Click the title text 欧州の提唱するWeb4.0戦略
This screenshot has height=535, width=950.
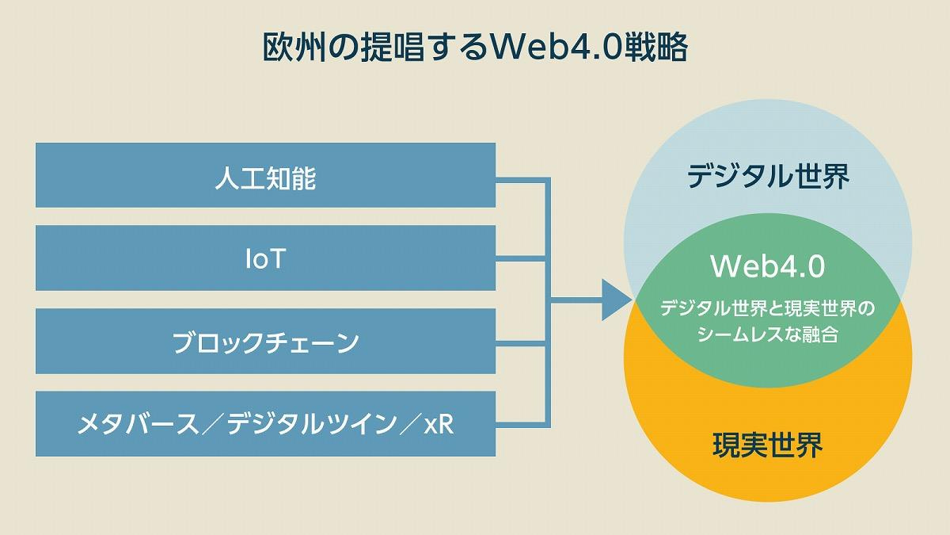[x=475, y=48]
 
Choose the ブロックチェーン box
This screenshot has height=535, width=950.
[x=265, y=342]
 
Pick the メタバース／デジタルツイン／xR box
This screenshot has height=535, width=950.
[x=265, y=424]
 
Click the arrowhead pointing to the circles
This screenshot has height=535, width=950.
[x=615, y=300]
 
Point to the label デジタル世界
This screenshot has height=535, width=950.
[x=767, y=175]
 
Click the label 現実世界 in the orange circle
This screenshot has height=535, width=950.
[x=767, y=445]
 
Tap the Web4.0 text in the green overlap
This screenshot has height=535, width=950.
[x=767, y=266]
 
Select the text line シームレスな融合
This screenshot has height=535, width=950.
[x=767, y=334]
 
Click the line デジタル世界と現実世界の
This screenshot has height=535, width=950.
[x=767, y=308]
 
